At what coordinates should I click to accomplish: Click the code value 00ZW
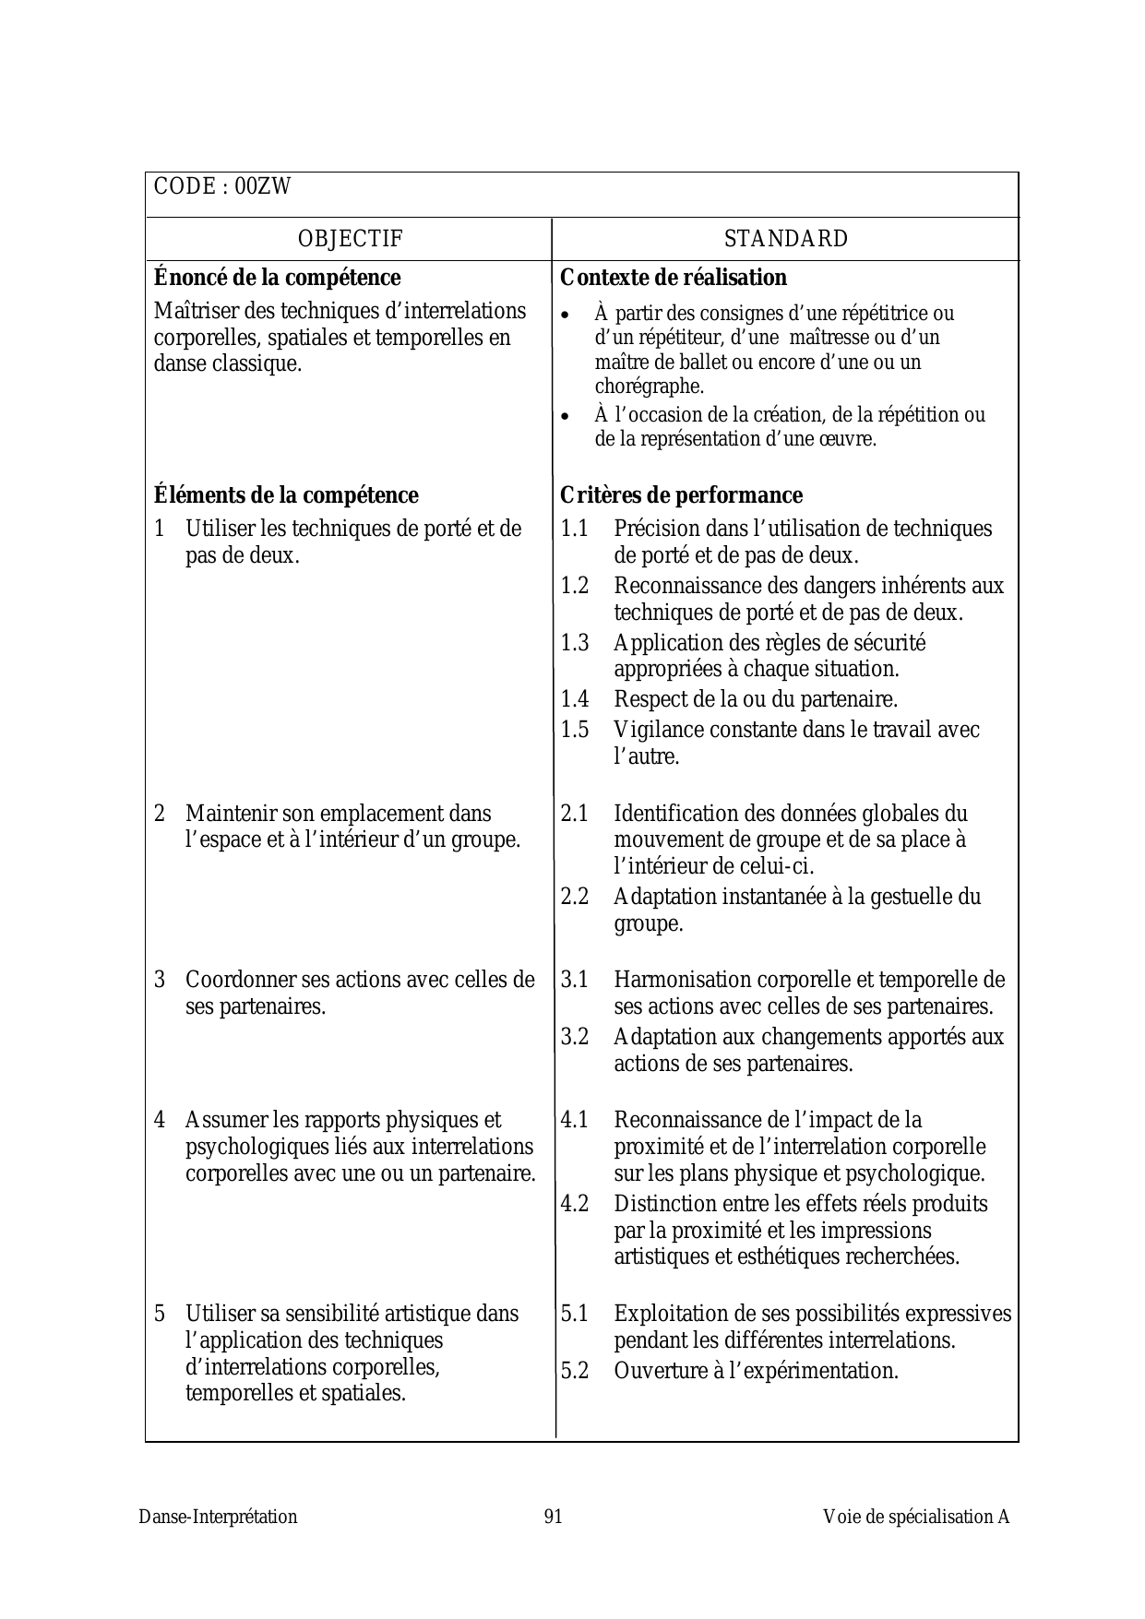pyautogui.click(x=263, y=187)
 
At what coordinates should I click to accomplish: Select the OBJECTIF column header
pyautogui.click(x=351, y=239)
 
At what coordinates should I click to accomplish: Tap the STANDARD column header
pyautogui.click(x=785, y=239)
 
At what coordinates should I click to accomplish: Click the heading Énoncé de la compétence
pyautogui.click(x=278, y=278)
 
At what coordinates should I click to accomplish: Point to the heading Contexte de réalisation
pyautogui.click(x=674, y=278)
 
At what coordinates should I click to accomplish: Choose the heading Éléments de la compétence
pyautogui.click(x=286, y=495)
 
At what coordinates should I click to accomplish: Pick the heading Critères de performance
pyautogui.click(x=681, y=495)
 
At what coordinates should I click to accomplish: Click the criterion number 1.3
pyautogui.click(x=575, y=643)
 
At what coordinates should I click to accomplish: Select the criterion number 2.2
pyautogui.click(x=575, y=897)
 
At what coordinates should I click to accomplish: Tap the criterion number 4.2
pyautogui.click(x=575, y=1204)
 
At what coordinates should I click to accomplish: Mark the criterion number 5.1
pyautogui.click(x=575, y=1314)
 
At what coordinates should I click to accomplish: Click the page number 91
pyautogui.click(x=554, y=1517)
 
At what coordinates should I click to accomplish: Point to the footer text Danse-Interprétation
pyautogui.click(x=219, y=1517)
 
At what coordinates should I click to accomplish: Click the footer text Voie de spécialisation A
pyautogui.click(x=916, y=1517)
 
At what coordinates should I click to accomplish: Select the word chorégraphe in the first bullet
pyautogui.click(x=649, y=387)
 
